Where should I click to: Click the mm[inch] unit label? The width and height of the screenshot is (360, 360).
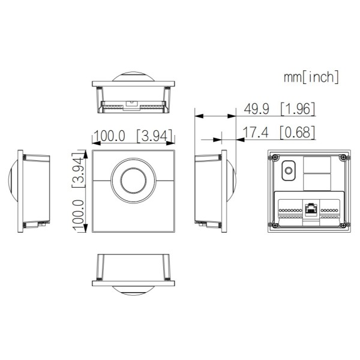click(311, 77)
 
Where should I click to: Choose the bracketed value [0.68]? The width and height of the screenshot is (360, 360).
click(298, 133)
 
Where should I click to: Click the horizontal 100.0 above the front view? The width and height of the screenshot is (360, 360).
click(109, 136)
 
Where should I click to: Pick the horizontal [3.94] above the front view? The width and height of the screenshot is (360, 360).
click(154, 136)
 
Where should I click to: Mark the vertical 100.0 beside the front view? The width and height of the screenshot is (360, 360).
click(77, 211)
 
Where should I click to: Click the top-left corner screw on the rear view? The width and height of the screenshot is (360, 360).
click(274, 158)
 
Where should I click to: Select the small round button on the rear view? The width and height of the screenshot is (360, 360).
click(288, 171)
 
